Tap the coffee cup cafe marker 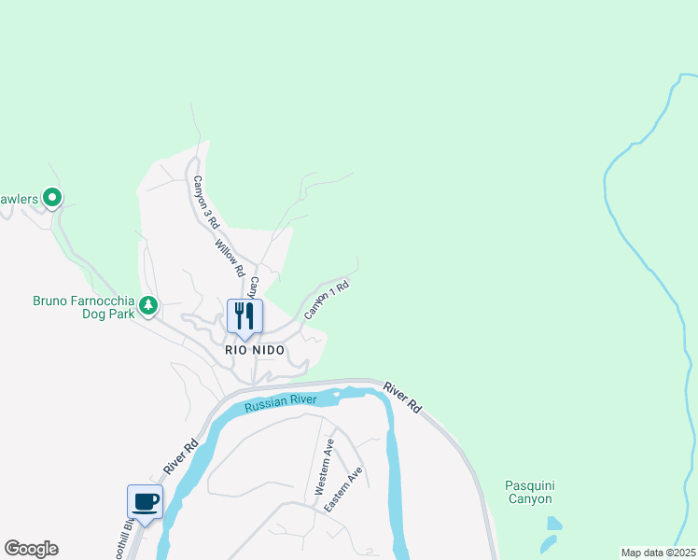point(145,503)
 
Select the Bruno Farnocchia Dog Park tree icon point(147,304)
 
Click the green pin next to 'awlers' point(53,197)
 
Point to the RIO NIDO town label point(254,350)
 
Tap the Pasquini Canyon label point(530,492)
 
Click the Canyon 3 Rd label point(205,203)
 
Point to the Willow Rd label point(229,258)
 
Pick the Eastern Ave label point(342,489)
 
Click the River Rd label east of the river point(402,397)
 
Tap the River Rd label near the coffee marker point(180,455)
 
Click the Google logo point(31,549)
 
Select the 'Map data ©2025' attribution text point(658,553)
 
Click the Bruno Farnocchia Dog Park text point(83,307)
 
